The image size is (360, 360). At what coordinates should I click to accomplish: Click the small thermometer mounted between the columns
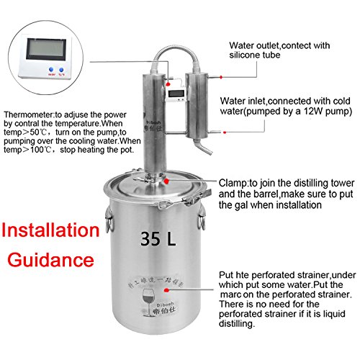pos(174,94)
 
